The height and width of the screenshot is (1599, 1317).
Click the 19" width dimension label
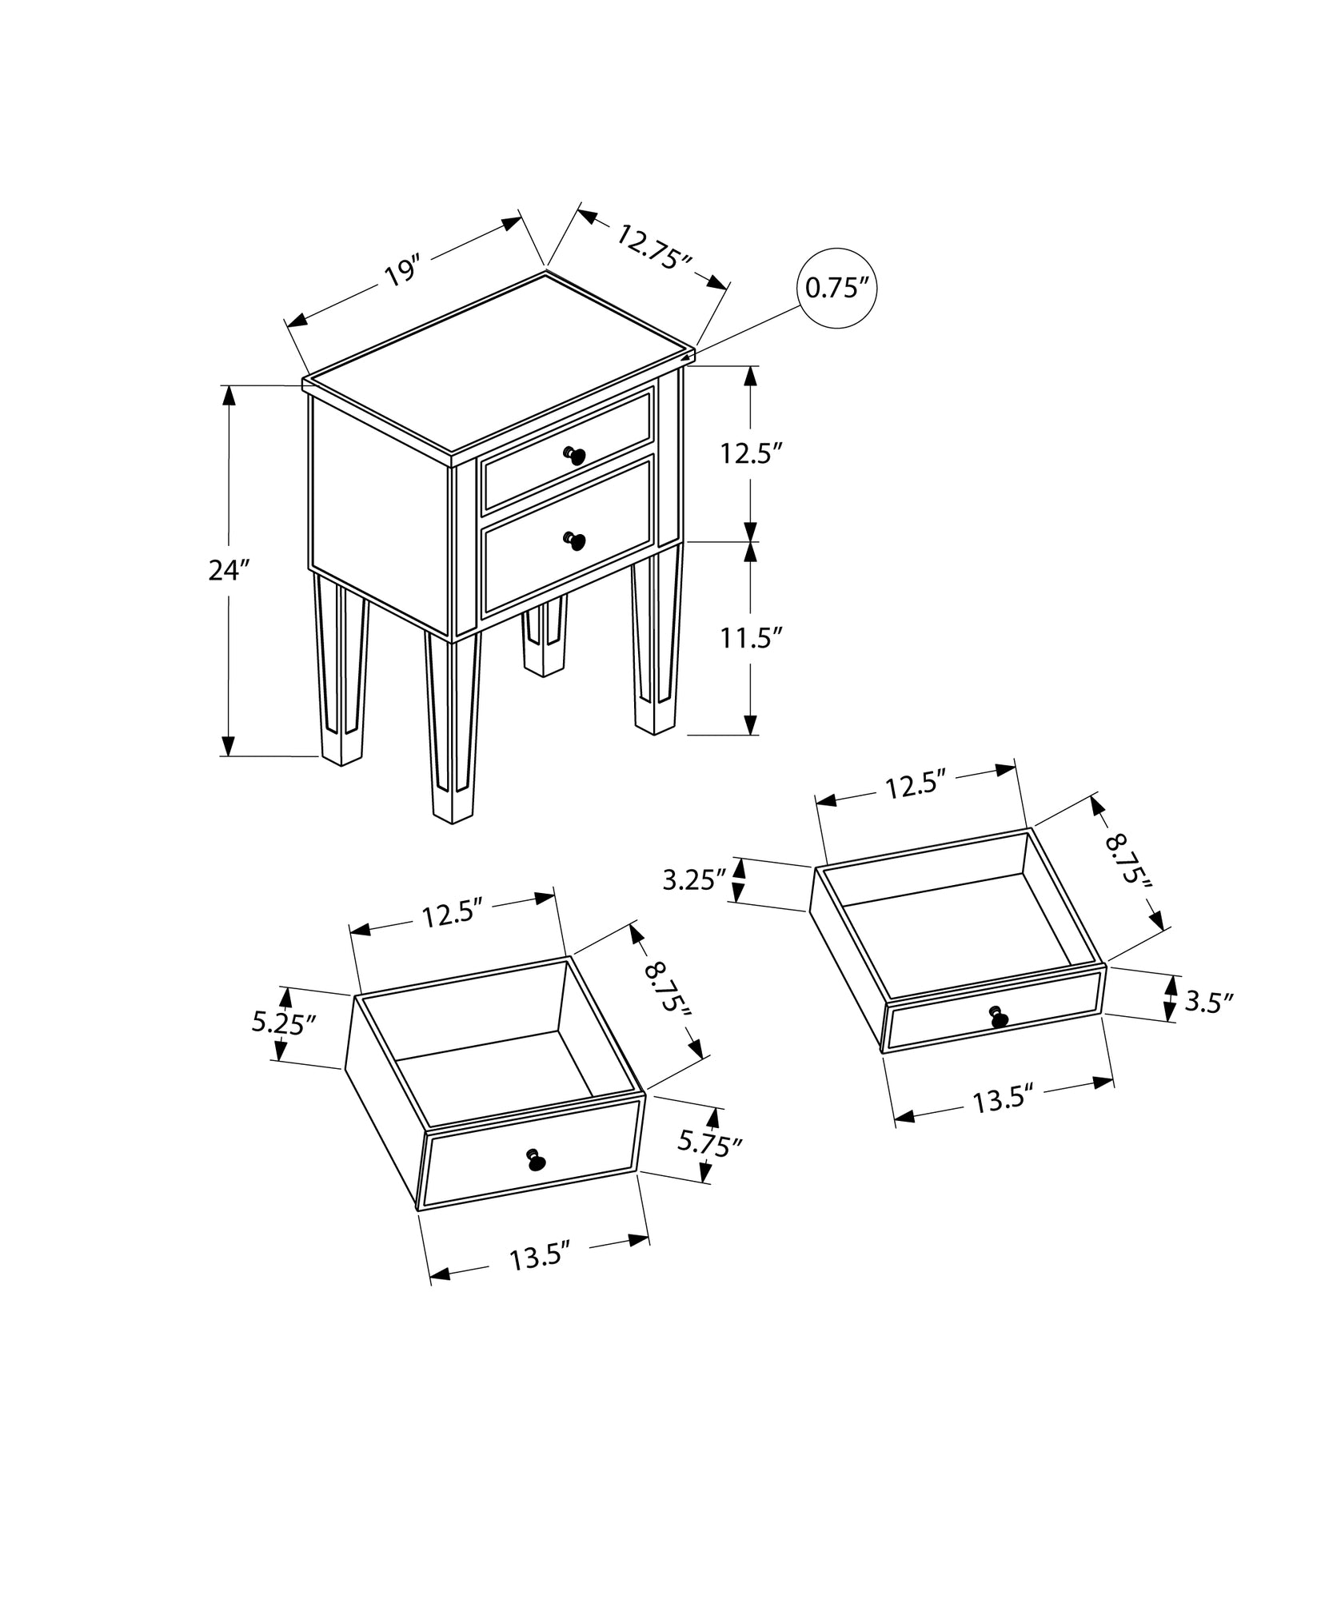click(x=402, y=271)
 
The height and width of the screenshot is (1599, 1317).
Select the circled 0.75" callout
click(x=836, y=288)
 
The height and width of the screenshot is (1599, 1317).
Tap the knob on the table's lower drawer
click(x=575, y=541)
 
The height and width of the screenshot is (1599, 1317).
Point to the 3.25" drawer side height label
click(x=693, y=880)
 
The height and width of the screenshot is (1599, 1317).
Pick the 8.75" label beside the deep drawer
click(x=668, y=989)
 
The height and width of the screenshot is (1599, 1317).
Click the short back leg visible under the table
click(x=544, y=640)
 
